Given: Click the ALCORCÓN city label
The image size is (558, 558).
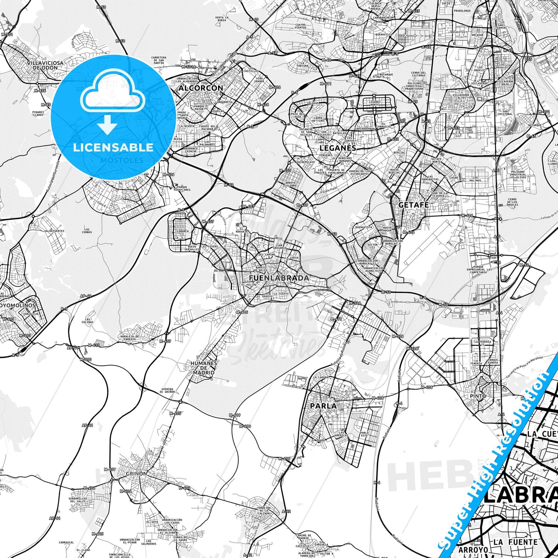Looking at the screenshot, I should pyautogui.click(x=200, y=88).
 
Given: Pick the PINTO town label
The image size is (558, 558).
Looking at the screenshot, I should pyautogui.click(x=478, y=396).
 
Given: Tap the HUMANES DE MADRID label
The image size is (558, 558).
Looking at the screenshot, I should pyautogui.click(x=204, y=368).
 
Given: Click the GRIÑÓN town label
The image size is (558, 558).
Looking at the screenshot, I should pyautogui.click(x=136, y=473).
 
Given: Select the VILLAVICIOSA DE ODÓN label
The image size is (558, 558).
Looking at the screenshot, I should pyautogui.click(x=45, y=65).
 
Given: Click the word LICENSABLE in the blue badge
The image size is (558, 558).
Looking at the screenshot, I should pyautogui.click(x=113, y=148).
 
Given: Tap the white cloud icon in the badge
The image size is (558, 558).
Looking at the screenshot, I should pyautogui.click(x=113, y=96).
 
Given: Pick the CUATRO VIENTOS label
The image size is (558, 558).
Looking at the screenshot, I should pyautogui.click(x=300, y=26).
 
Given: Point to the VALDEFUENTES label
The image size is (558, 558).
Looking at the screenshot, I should pyautogui.click(x=54, y=231).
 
